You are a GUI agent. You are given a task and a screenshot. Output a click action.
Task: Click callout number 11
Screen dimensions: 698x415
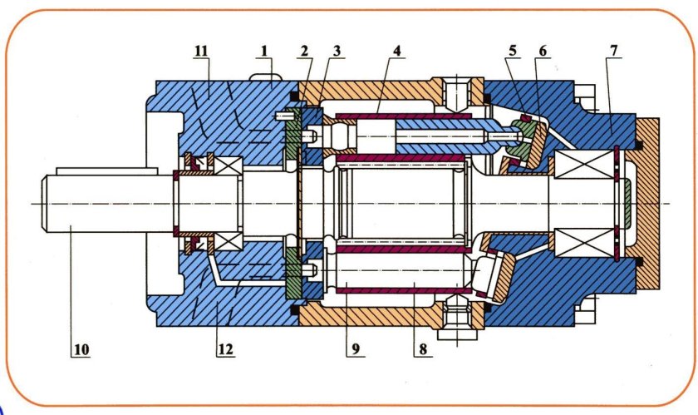(x=201, y=51)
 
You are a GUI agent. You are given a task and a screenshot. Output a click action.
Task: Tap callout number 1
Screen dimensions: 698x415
(x=264, y=51)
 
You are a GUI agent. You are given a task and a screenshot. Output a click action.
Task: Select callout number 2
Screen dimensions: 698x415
(x=304, y=51)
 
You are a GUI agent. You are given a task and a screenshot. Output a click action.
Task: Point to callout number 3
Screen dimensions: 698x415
(x=337, y=51)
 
